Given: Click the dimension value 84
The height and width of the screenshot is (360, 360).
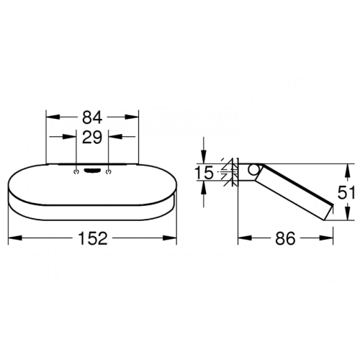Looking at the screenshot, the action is click(92, 117).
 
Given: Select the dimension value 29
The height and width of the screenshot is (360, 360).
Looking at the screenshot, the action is click(92, 138).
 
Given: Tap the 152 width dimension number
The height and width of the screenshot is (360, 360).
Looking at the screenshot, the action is click(93, 238).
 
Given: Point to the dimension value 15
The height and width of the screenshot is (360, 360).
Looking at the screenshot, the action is click(204, 173).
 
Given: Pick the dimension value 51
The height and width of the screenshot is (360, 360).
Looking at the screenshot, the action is click(346, 192).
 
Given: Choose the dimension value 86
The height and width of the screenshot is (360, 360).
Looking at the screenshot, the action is click(285, 238).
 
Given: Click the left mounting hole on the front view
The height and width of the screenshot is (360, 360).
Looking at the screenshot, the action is click(76, 171).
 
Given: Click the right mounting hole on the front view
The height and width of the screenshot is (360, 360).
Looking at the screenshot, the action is click(109, 171).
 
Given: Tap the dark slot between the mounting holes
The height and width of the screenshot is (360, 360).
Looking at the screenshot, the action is click(92, 171).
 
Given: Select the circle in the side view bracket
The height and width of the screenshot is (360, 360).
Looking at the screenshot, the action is click(252, 170).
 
